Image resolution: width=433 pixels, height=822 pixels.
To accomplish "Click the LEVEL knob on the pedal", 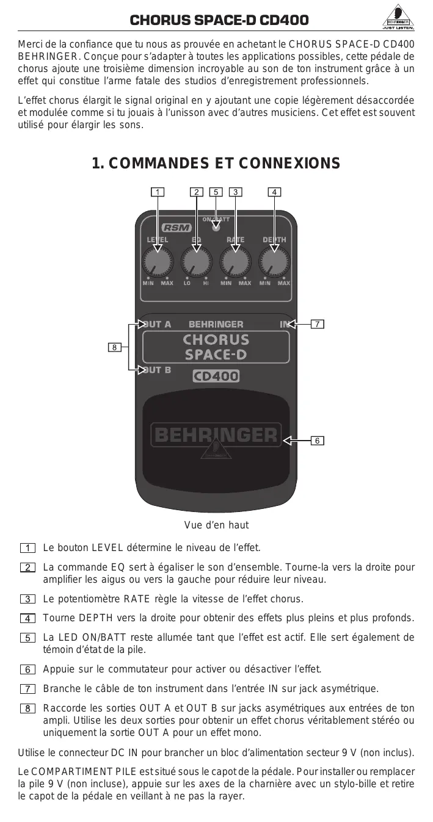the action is [158, 262].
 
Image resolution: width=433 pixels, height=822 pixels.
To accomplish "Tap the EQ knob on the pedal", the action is [196, 262].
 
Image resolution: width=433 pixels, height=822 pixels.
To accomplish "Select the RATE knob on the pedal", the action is [235, 262].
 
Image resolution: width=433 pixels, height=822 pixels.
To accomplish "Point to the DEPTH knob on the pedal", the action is [274, 262].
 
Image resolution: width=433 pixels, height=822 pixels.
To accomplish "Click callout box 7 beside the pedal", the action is [317, 323].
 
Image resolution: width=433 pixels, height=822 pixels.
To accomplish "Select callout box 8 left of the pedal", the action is [114, 347].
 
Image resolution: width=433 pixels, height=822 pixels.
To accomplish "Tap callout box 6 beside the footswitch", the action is [317, 439].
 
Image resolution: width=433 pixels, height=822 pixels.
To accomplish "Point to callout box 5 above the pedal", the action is [216, 192].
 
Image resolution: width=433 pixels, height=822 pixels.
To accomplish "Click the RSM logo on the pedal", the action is [177, 228].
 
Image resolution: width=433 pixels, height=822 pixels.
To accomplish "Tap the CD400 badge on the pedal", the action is [216, 377].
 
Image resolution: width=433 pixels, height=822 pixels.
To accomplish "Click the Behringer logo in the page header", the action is [398, 20].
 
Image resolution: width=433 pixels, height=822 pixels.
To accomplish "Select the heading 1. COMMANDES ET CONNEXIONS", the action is [216, 163].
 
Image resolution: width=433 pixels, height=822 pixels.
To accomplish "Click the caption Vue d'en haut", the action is [216, 525].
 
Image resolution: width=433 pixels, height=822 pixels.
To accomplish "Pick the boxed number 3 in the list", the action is [27, 599].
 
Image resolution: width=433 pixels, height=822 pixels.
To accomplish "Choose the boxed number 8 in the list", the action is [27, 708].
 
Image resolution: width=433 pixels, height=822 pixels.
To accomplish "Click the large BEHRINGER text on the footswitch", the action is [216, 434].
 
